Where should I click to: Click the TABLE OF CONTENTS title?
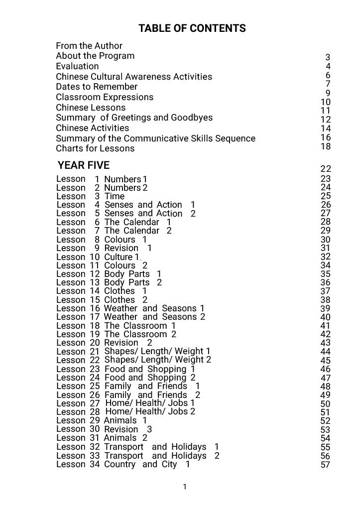(192, 28)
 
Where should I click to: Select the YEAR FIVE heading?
(83, 165)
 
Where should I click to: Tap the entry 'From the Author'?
(89, 46)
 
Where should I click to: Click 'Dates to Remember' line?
(97, 87)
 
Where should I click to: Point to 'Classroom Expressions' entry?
(105, 97)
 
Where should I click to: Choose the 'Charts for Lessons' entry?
(95, 148)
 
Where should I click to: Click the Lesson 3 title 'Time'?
(115, 196)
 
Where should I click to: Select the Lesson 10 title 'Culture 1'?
(122, 257)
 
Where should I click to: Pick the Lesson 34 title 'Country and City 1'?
(147, 464)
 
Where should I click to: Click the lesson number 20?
(95, 343)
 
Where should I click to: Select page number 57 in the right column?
(326, 465)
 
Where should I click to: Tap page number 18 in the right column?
(326, 146)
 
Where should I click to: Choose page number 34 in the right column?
(326, 265)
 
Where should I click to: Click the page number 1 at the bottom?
(185, 487)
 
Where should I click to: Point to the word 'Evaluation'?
(77, 66)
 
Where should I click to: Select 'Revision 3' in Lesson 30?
(128, 429)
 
